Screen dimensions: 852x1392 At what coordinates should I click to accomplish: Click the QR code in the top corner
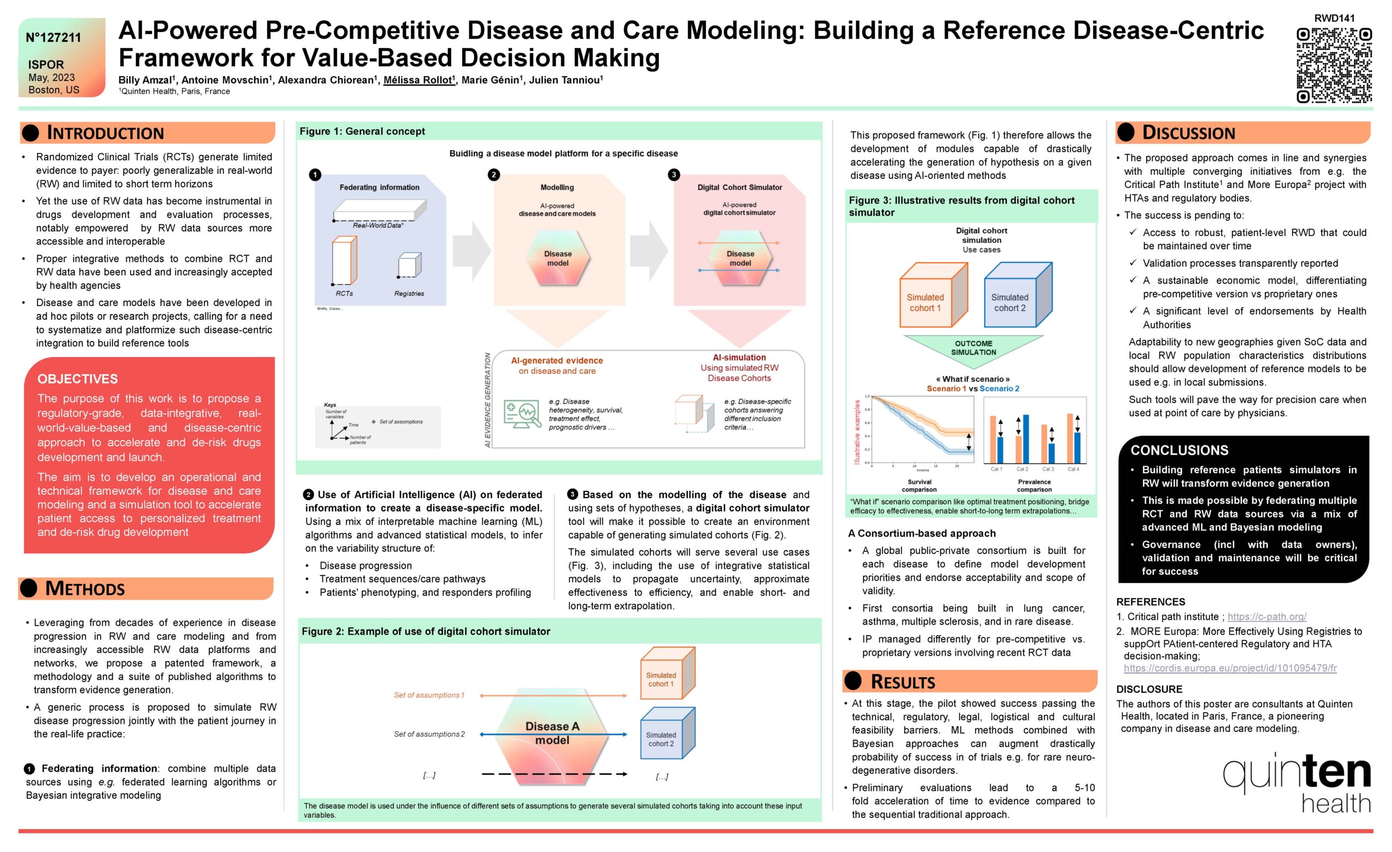tap(1333, 65)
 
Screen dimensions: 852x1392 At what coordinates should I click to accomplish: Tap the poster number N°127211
tap(54, 38)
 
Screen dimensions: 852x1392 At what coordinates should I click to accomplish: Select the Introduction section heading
tap(105, 133)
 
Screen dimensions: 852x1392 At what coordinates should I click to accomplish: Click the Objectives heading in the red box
tap(77, 378)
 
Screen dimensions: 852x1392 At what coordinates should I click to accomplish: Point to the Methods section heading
tap(85, 588)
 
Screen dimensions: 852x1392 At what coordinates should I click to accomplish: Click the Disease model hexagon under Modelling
tap(557, 258)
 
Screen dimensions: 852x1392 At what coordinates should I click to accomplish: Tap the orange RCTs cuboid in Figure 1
tap(344, 261)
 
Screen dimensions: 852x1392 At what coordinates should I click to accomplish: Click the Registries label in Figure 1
tap(409, 293)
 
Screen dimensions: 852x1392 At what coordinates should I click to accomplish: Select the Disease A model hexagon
tap(552, 733)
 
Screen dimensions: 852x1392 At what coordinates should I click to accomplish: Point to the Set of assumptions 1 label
tap(429, 695)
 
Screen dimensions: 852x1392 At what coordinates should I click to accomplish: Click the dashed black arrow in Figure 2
tap(553, 774)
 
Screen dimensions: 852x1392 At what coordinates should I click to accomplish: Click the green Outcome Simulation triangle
tap(973, 347)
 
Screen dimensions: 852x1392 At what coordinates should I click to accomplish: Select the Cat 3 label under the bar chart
tap(1048, 469)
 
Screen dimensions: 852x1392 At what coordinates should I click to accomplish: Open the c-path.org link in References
tap(1266, 617)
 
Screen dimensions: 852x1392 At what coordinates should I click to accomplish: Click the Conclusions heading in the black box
tap(1179, 450)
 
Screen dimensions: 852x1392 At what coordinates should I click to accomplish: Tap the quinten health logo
tap(1296, 782)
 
